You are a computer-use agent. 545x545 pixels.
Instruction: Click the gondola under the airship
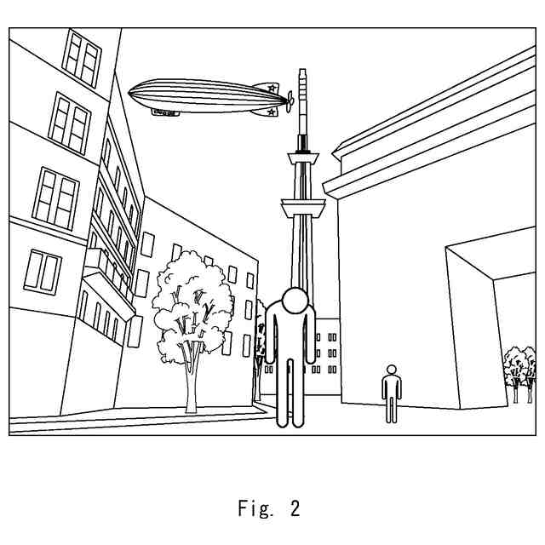tap(167, 112)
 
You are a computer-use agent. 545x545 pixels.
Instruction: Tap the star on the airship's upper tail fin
tap(272, 87)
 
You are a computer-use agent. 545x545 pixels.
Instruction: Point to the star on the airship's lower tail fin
tap(271, 111)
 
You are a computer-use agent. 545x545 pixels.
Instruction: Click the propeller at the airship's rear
tap(290, 100)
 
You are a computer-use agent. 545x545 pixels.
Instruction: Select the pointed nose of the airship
tap(130, 90)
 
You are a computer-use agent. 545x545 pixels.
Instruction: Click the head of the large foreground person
tap(295, 301)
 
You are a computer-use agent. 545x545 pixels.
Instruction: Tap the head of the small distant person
tap(391, 370)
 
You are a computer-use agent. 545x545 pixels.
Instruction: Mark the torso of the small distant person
tap(391, 387)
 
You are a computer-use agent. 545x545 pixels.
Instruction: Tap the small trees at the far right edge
tap(519, 366)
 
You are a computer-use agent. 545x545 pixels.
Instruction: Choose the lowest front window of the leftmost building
tap(42, 271)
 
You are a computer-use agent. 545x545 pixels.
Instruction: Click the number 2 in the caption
tap(295, 509)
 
